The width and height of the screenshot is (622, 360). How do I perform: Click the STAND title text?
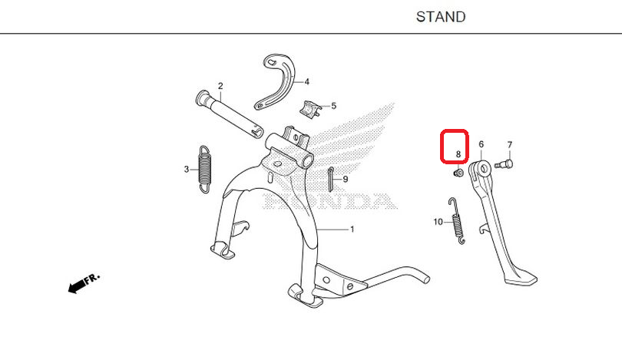pos(441,17)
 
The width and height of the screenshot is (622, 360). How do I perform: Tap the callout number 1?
pos(352,230)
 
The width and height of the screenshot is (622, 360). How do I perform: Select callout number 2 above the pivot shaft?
pos(220,86)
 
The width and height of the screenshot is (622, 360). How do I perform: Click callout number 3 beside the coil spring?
pos(187,170)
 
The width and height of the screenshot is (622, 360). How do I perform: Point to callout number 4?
pos(306,81)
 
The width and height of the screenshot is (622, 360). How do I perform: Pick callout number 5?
pos(333,106)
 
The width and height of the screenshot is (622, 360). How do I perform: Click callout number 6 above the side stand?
pos(481,144)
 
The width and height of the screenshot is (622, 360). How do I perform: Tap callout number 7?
pos(510,145)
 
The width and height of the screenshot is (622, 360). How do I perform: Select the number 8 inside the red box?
pos(458,154)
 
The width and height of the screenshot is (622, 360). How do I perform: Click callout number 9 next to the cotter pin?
pos(345,179)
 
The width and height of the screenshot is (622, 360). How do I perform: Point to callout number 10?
pos(438,222)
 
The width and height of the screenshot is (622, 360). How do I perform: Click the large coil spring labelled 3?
pos(205,170)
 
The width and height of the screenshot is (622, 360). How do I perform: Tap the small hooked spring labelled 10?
pos(457,221)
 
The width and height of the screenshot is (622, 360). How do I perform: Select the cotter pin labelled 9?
pos(330,179)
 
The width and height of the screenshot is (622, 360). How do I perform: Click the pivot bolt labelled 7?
pos(505,163)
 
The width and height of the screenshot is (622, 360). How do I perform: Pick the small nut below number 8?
pos(458,173)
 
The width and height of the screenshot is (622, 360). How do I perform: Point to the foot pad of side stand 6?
pos(521,278)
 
